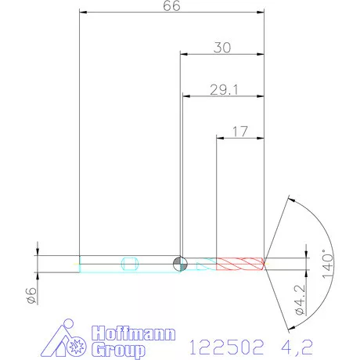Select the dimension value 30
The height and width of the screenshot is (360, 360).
pos(222,48)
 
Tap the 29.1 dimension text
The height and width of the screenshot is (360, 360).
pos(222,90)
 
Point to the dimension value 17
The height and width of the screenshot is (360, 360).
pos(241,132)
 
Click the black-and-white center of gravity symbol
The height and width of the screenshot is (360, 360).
pos(180,263)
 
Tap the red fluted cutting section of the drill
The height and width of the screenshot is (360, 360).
pos(239,263)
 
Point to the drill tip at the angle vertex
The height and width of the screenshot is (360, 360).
pos(265,263)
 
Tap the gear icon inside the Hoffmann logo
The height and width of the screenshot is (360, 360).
pos(77,344)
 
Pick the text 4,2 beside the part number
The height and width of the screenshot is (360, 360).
pos(286,344)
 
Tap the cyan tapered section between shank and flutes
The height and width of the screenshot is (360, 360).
pos(205,263)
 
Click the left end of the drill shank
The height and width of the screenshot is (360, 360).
pos(81,263)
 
